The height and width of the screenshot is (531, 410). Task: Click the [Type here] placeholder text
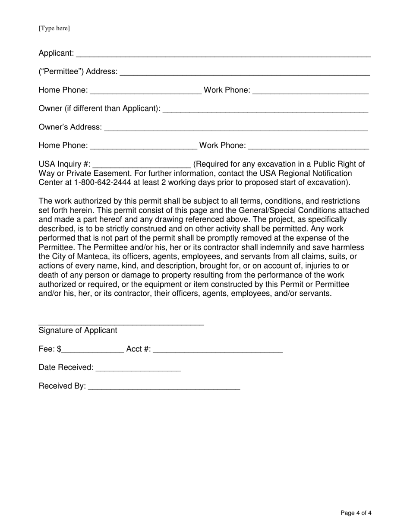[x=54, y=28]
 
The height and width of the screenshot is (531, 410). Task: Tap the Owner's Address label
[x=70, y=127]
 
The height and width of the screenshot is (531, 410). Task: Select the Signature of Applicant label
[x=78, y=331]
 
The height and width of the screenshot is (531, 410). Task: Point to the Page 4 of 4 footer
[x=356, y=513]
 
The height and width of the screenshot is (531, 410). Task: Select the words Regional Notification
[x=315, y=173]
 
